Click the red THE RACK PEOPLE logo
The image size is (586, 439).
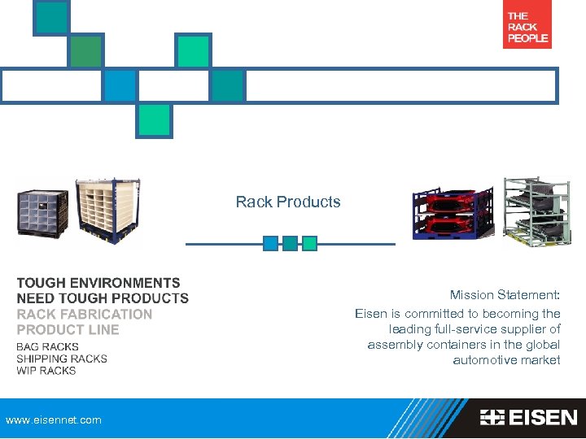pyautogui.click(x=527, y=28)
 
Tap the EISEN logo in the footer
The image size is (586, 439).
pyautogui.click(x=528, y=418)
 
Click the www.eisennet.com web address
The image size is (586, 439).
pyautogui.click(x=54, y=420)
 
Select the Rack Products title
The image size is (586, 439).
pyautogui.click(x=288, y=202)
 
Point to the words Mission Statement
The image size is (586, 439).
pyautogui.click(x=505, y=296)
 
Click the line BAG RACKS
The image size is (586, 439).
pyautogui.click(x=47, y=347)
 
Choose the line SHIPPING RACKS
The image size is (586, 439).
pyautogui.click(x=62, y=359)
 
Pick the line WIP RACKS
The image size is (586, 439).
pyautogui.click(x=46, y=371)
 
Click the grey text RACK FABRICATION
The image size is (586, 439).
pyautogui.click(x=85, y=314)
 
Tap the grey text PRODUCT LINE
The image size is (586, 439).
pyautogui.click(x=68, y=329)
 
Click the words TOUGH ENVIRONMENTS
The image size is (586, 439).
pyautogui.click(x=98, y=283)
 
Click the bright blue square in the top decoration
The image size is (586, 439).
pyautogui.click(x=120, y=85)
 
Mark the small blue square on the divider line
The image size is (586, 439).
pyautogui.click(x=270, y=243)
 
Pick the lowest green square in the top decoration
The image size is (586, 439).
pyautogui.click(x=154, y=120)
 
